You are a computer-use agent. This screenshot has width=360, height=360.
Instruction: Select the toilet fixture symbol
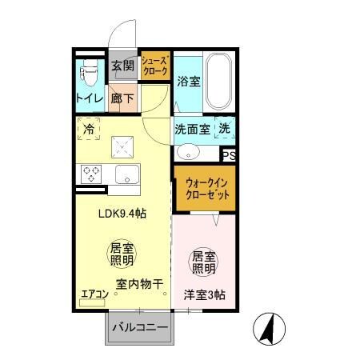point(88,74)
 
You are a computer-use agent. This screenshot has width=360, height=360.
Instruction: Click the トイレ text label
point(90,98)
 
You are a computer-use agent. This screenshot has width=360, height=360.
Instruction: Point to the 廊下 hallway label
point(122,98)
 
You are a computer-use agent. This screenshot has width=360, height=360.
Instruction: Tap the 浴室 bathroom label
point(188,82)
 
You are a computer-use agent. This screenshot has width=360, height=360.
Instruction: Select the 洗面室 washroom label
point(192,129)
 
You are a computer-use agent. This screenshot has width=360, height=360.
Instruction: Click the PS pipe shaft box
point(229,155)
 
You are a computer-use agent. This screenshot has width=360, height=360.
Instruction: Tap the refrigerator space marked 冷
point(88,128)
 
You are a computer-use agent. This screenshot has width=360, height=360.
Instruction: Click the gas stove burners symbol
point(90,174)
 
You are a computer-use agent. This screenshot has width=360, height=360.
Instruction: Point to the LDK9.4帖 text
point(122,214)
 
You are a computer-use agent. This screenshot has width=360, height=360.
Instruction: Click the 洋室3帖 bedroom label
point(204,294)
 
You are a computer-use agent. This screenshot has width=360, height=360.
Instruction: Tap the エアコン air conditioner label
point(94,294)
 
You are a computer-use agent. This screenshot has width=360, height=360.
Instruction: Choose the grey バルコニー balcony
point(138,327)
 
